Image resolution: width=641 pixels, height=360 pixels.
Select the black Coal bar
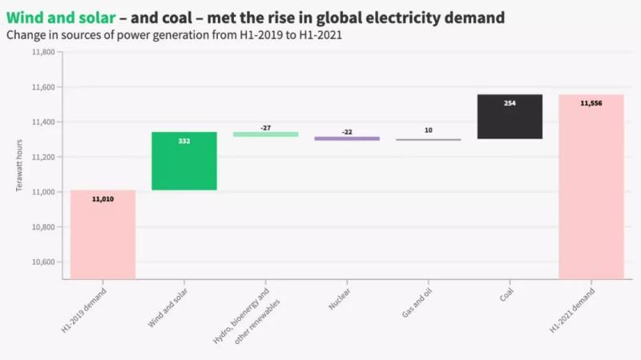tap(510, 117)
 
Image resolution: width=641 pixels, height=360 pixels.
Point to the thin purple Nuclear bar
tap(346, 138)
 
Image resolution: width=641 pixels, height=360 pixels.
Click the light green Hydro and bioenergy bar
tap(265, 134)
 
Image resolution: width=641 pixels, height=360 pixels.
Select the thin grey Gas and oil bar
tap(428, 139)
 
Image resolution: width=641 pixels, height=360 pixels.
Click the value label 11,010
tap(103, 198)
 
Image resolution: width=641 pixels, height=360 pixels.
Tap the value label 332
tap(183, 141)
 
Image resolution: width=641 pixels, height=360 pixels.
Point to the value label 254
tap(510, 103)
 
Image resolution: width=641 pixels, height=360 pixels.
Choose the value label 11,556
tap(591, 103)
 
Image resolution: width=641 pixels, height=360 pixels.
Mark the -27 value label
tap(265, 127)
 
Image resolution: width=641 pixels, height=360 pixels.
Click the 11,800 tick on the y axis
tap(43, 53)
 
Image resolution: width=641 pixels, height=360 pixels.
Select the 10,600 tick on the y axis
tap(43, 262)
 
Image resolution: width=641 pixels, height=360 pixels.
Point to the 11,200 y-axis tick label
tap(43, 158)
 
